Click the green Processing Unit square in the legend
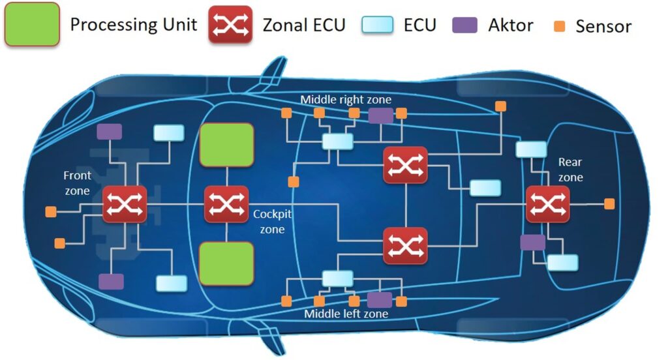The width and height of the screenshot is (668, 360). click(x=32, y=25)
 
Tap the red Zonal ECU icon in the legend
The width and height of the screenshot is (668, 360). click(x=230, y=25)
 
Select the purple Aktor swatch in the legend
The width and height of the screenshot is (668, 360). click(x=465, y=25)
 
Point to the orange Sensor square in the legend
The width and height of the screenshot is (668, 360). click(x=560, y=26)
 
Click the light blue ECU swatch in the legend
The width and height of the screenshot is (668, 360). click(x=378, y=25)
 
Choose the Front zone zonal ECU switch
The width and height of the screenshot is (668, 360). click(x=125, y=204)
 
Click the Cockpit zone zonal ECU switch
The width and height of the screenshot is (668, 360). click(x=226, y=204)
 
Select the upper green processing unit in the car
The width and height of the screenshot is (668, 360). click(x=226, y=145)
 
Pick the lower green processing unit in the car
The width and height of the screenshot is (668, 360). click(x=226, y=263)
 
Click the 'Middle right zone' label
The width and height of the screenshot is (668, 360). click(x=346, y=100)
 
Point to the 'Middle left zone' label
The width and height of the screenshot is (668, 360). click(x=346, y=314)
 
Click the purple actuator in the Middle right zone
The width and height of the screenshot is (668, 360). click(x=380, y=116)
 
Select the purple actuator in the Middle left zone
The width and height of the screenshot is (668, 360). click(x=379, y=300)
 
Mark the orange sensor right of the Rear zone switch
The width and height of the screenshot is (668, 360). click(x=609, y=204)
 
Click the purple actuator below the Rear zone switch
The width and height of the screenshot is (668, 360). click(x=532, y=243)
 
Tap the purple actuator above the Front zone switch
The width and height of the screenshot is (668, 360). click(x=110, y=131)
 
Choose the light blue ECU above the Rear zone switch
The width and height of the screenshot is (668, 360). click(x=531, y=149)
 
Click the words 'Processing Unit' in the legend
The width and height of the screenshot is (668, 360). click(x=134, y=25)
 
